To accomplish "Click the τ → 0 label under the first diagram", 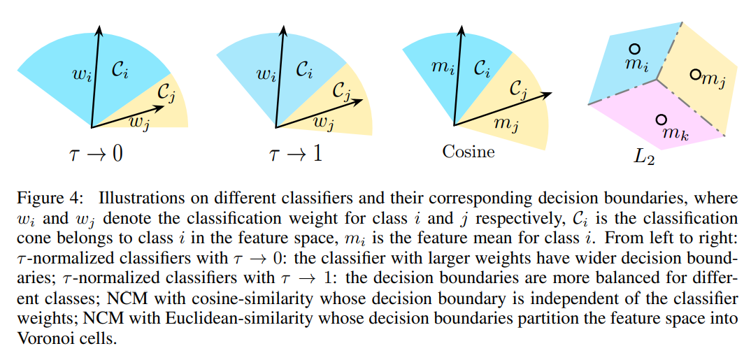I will point(97,153).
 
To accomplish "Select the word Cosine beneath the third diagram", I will point(468,151).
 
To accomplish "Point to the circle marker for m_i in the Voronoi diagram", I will point(634,49).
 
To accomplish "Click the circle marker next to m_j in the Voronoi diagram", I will point(695,74).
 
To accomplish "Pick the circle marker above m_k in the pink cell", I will point(661,120).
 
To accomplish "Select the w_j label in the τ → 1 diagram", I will point(322,121).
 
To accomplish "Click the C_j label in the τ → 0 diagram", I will point(165,91).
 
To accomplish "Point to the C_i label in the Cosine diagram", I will point(482,69).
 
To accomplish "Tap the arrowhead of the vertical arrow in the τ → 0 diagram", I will point(99,28).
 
